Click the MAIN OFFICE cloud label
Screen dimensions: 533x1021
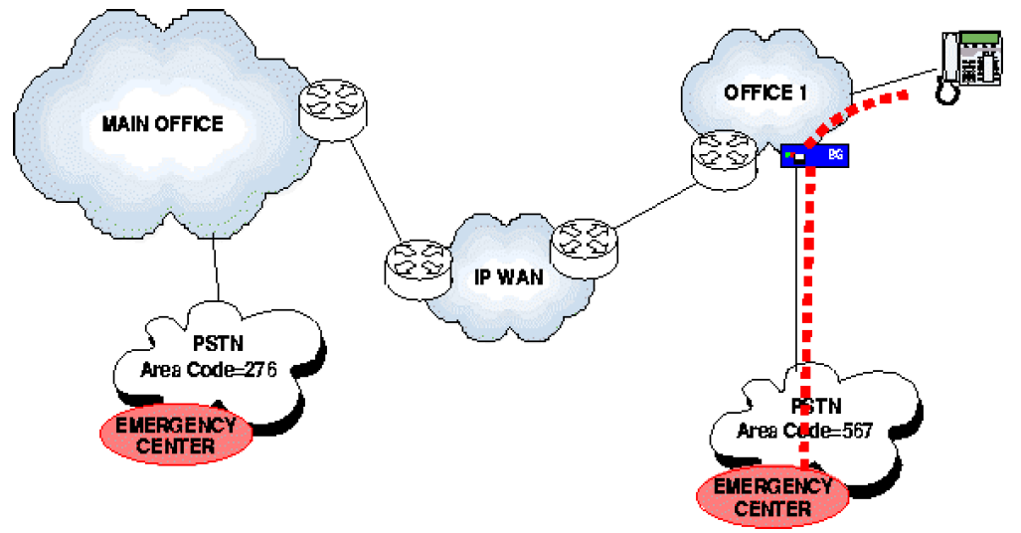[x=163, y=124]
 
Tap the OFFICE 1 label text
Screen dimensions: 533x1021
[x=766, y=91]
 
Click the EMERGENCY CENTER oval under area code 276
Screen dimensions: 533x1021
[x=176, y=436]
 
